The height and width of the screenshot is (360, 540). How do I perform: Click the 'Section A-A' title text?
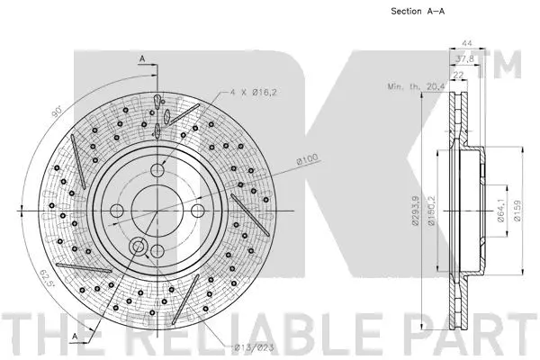pyautogui.click(x=418, y=12)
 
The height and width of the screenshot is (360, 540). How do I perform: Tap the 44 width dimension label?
pyautogui.click(x=466, y=43)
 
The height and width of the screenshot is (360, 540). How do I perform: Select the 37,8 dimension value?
pyautogui.click(x=464, y=58)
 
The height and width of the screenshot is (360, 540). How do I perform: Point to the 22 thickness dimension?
pyautogui.click(x=458, y=75)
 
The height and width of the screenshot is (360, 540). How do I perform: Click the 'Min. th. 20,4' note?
pyautogui.click(x=416, y=86)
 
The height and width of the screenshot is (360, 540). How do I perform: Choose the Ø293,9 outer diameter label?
pyautogui.click(x=416, y=211)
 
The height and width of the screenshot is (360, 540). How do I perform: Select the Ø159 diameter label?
pyautogui.click(x=517, y=211)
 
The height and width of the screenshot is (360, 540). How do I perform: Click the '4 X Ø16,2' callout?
pyautogui.click(x=254, y=93)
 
